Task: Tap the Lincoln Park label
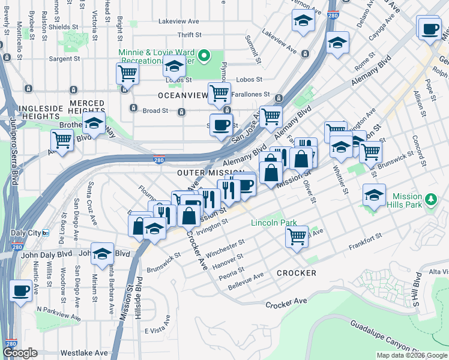pos(274,223)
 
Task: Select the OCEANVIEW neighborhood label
pos(182,95)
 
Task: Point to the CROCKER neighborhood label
pos(297,273)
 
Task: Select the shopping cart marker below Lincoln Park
pos(297,238)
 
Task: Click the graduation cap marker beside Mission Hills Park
pos(374,194)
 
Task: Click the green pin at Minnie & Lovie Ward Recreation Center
pos(203,57)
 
